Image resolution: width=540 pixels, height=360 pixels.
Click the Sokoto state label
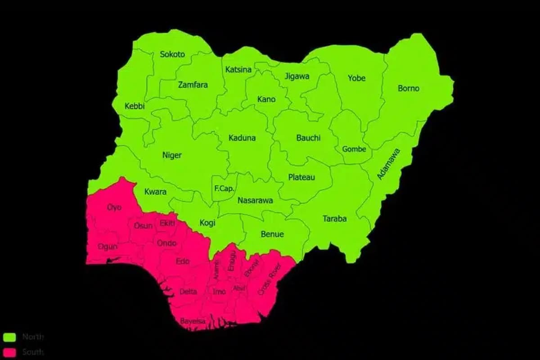pyautogui.click(x=172, y=54)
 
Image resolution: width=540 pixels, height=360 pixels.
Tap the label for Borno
pyautogui.click(x=408, y=89)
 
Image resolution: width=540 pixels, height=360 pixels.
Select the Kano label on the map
pyautogui.click(x=266, y=99)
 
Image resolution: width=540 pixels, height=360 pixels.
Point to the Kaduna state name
pyautogui.click(x=242, y=138)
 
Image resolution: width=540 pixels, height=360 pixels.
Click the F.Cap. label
pyautogui.click(x=224, y=189)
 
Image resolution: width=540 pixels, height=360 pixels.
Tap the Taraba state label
pyautogui.click(x=334, y=219)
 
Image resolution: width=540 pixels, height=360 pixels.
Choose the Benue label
pyautogui.click(x=272, y=234)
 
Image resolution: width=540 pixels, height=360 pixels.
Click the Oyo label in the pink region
pyautogui.click(x=114, y=207)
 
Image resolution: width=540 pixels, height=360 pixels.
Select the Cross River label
pyautogui.click(x=268, y=281)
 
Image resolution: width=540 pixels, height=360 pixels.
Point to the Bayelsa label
pyautogui.click(x=193, y=321)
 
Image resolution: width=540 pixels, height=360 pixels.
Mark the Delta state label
pyautogui.click(x=188, y=292)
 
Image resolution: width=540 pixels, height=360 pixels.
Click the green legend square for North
pyautogui.click(x=9, y=337)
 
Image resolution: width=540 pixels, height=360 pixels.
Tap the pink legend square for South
pyautogui.click(x=9, y=352)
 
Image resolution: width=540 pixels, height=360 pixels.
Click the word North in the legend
pyautogui.click(x=32, y=337)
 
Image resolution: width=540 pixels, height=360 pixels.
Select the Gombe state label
pyautogui.click(x=354, y=149)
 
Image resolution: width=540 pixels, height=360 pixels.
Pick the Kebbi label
pyautogui.click(x=135, y=106)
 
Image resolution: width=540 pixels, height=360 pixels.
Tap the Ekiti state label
pyautogui.click(x=167, y=223)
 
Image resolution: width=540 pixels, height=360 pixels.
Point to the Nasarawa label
pyautogui.click(x=255, y=201)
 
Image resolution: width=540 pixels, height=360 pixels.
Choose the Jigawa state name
pyautogui.click(x=297, y=76)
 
